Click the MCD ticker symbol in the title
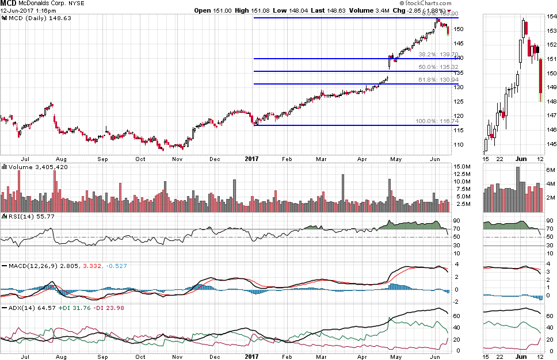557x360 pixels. [x=8, y=3]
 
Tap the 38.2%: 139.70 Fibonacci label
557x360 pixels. [x=438, y=55]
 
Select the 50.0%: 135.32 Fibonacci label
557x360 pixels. [x=438, y=67]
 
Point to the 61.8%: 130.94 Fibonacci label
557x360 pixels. [x=438, y=80]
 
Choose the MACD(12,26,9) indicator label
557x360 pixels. [x=32, y=266]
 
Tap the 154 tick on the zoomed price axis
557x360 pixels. [x=551, y=17]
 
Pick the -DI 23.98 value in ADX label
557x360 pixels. [x=109, y=308]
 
